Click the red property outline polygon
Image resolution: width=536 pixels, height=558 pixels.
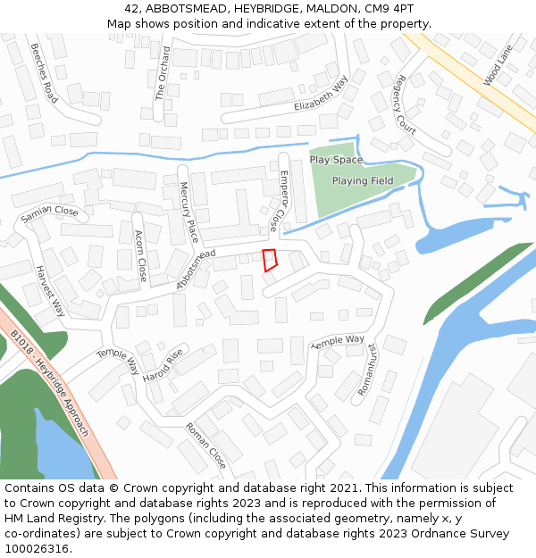click(270, 260)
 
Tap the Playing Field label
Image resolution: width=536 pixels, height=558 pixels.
click(363, 181)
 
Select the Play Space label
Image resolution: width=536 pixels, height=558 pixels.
click(336, 160)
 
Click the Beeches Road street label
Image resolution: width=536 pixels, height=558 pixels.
click(44, 72)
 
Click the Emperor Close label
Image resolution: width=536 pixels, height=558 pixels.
click(280, 201)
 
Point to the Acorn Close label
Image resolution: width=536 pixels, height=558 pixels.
click(139, 255)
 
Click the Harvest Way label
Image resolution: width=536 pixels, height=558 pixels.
click(50, 290)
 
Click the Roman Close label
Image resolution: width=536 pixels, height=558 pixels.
click(206, 446)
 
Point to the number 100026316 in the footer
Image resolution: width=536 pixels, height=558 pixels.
click(38, 549)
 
